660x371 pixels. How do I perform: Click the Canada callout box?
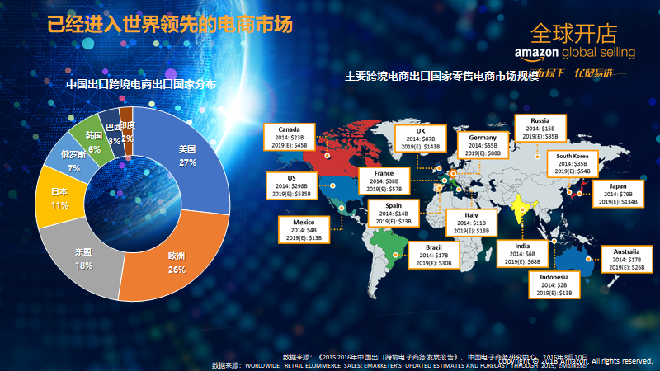pos(289,137)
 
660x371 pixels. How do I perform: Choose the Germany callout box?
pos(483,145)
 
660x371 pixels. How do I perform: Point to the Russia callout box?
pos(540,129)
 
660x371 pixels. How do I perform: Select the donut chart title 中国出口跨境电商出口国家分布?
pos(141,83)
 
